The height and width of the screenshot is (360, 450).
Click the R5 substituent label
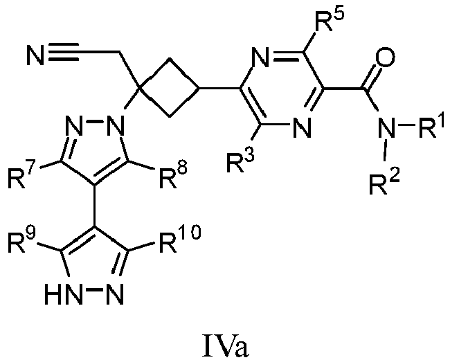point(328,19)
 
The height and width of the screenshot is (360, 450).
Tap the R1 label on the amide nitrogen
point(431,125)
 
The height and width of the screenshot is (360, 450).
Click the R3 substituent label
point(240,161)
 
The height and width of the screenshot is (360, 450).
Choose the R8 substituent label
point(173,177)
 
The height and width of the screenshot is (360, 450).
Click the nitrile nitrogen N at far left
point(36,55)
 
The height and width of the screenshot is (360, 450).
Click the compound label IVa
point(225,345)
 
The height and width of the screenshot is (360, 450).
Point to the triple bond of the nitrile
point(64,52)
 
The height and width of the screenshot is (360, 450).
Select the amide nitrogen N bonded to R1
point(386,126)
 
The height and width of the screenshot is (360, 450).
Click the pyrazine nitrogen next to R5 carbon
point(261,57)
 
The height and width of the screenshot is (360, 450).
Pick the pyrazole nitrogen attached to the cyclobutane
point(116,125)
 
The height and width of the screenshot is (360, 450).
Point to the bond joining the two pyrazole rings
point(95,206)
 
